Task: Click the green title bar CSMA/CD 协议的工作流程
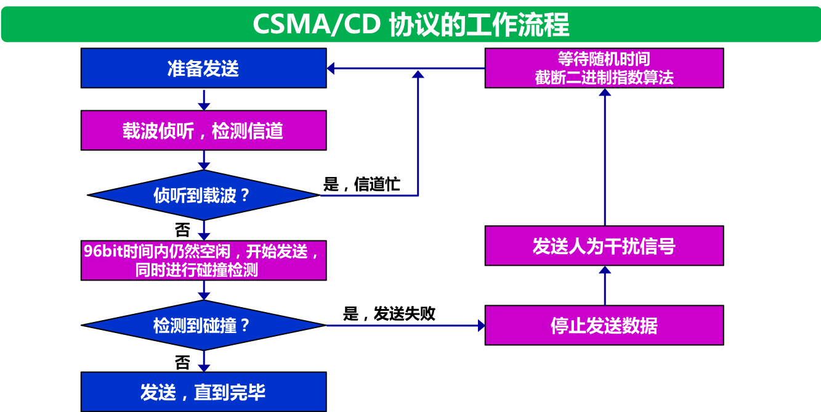coord(410,25)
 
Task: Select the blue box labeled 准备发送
coord(203,68)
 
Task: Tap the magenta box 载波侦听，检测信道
coord(203,130)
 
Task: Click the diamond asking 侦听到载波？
coord(203,196)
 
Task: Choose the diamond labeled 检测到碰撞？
coord(203,325)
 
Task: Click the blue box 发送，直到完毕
coord(203,392)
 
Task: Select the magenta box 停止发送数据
coord(604,325)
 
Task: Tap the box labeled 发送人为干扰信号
coord(604,246)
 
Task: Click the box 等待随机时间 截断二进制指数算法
coord(604,68)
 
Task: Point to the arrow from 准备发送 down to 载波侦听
coord(204,99)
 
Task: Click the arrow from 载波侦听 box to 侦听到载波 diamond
coord(204,160)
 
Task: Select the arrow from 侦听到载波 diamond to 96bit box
coord(204,231)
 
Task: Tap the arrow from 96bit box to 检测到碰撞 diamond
coord(204,290)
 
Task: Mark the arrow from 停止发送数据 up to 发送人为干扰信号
coord(605,286)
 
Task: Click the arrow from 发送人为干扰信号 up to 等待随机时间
coord(605,157)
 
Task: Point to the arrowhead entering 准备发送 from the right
coord(331,68)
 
